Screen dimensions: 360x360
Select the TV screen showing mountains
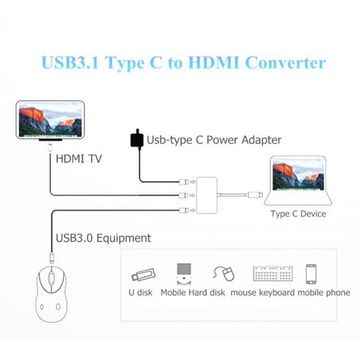tap(49, 119)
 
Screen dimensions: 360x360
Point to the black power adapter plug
tap(136, 138)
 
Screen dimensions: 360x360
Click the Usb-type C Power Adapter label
tap(214, 139)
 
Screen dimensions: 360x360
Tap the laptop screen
tap(298, 175)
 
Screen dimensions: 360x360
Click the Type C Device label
tap(298, 214)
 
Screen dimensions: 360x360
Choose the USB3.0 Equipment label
tap(103, 238)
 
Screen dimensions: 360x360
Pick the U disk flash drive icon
tap(143, 275)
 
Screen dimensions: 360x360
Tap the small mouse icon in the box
tap(224, 274)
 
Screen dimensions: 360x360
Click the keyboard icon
tap(272, 274)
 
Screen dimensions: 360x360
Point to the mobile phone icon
tap(311, 274)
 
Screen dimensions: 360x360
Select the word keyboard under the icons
tap(277, 292)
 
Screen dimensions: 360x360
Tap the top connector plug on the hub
tap(183, 182)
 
